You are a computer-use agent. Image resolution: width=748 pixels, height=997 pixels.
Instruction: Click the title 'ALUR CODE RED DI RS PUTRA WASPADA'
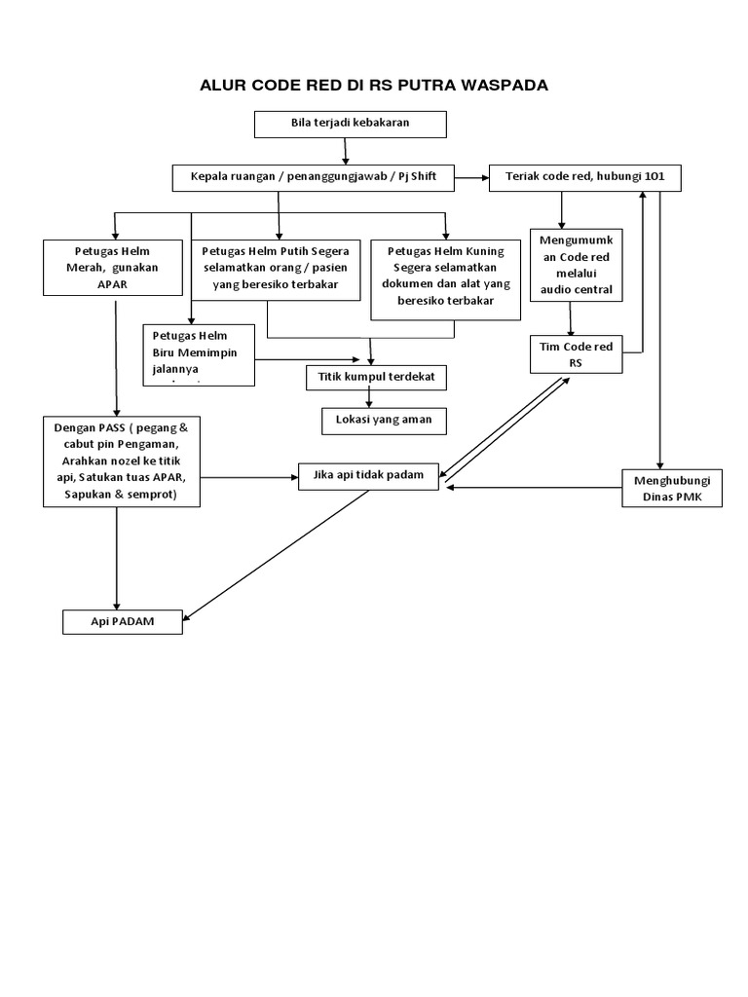click(374, 86)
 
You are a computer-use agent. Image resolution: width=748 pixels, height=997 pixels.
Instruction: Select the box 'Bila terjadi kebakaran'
click(350, 125)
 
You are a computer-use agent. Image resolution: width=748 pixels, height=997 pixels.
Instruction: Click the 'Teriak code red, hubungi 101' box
click(584, 178)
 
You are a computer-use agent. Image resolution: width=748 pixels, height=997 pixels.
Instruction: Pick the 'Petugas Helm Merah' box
click(113, 266)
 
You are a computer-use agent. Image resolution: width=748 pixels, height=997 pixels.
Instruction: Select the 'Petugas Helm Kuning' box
click(446, 277)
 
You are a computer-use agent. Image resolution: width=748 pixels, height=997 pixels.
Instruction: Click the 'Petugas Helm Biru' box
click(199, 354)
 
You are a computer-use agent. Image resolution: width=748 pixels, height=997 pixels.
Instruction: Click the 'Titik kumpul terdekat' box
click(376, 377)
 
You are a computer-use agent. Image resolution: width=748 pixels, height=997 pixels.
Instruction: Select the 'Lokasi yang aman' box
click(384, 420)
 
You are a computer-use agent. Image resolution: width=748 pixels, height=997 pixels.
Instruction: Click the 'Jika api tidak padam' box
click(369, 475)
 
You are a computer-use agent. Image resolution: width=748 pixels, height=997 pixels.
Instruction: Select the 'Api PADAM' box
click(123, 621)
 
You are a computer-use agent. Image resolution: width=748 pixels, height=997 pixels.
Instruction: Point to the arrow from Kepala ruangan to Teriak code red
click(472, 178)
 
